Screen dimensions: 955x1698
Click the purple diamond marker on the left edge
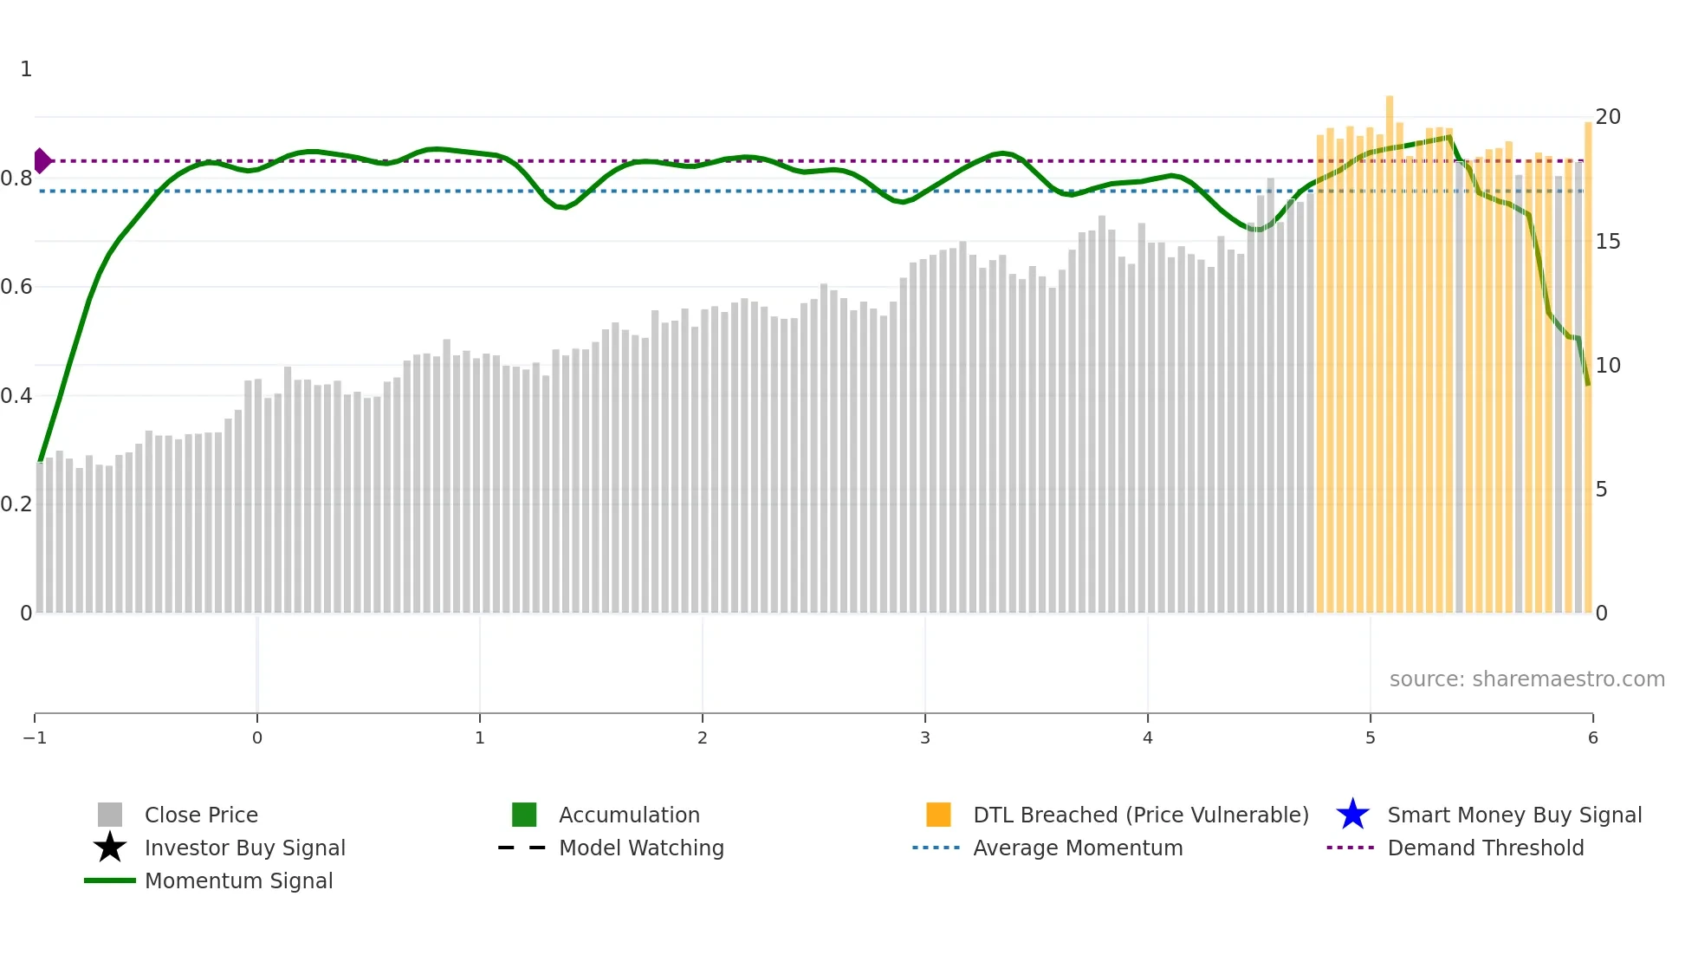(42, 160)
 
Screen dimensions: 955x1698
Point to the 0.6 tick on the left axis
(17, 287)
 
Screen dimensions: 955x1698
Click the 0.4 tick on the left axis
(17, 396)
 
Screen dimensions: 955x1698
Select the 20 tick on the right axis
(1608, 117)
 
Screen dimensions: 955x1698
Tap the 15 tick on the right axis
(1608, 242)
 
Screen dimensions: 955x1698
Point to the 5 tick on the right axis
(1602, 490)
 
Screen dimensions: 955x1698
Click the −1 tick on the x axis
(35, 737)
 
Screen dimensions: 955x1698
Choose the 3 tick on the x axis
(925, 737)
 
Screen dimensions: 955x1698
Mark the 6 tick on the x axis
(1592, 737)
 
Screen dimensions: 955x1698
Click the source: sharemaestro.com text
(1526, 679)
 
